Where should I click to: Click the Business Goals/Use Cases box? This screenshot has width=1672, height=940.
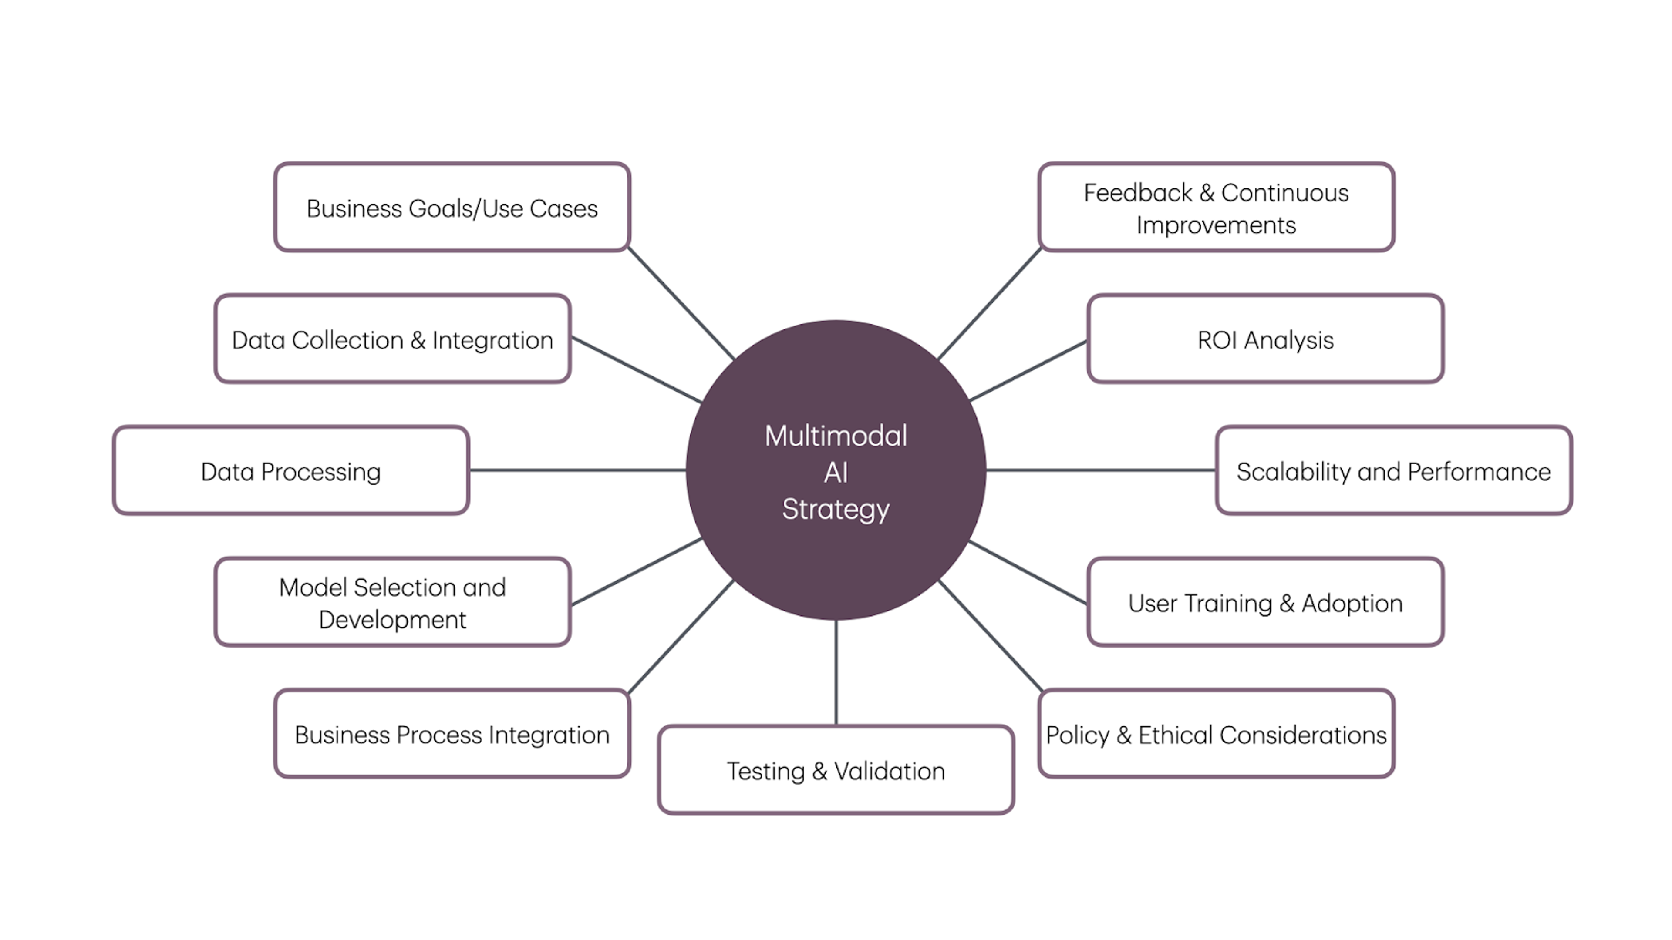pyautogui.click(x=452, y=208)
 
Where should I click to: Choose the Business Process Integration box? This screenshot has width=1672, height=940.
pyautogui.click(x=452, y=734)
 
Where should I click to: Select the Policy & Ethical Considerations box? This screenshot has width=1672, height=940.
pyautogui.click(x=1216, y=734)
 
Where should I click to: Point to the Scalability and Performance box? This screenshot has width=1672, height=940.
pyautogui.click(x=1393, y=471)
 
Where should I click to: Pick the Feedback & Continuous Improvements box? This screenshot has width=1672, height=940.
pyautogui.click(x=1216, y=208)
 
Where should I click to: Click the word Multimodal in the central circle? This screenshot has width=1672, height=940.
pyautogui.click(x=836, y=436)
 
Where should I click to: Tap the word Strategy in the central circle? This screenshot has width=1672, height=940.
pyautogui.click(x=836, y=509)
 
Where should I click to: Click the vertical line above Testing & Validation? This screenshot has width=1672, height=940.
pyautogui.click(x=836, y=672)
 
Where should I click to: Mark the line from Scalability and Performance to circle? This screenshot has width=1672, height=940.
pyautogui.click(x=1100, y=470)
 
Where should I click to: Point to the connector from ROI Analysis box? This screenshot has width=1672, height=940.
pyautogui.click(x=1028, y=370)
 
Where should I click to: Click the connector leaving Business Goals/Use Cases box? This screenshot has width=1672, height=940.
pyautogui.click(x=680, y=302)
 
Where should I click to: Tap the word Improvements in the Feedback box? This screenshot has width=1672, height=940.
pyautogui.click(x=1216, y=225)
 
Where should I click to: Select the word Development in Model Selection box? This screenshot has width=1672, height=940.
pyautogui.click(x=392, y=620)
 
